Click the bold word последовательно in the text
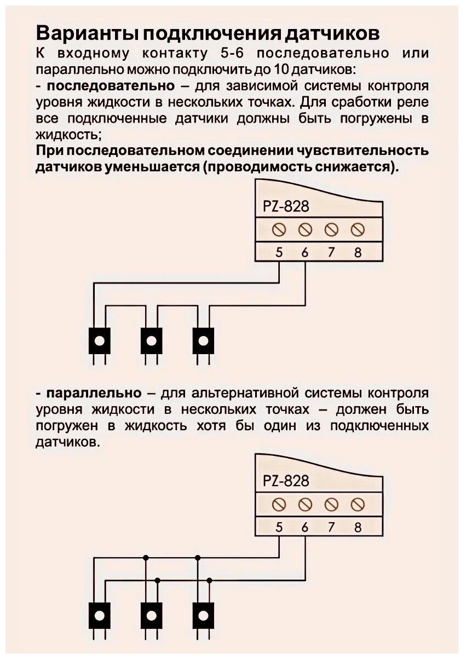click(x=112, y=86)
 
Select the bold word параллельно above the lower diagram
click(x=96, y=394)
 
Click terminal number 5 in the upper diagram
click(x=279, y=253)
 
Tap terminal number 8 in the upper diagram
click(x=358, y=253)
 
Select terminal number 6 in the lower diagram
click(x=305, y=528)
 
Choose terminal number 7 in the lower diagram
click(x=331, y=528)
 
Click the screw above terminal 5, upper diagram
click(x=279, y=229)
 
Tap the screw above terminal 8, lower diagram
click(x=358, y=504)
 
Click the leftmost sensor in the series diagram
click(x=99, y=341)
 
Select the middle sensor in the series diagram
click(x=151, y=341)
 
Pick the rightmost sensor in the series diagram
click(x=204, y=341)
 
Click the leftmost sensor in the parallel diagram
click(x=99, y=615)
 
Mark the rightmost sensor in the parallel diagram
click(x=204, y=615)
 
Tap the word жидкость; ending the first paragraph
click(x=68, y=134)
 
